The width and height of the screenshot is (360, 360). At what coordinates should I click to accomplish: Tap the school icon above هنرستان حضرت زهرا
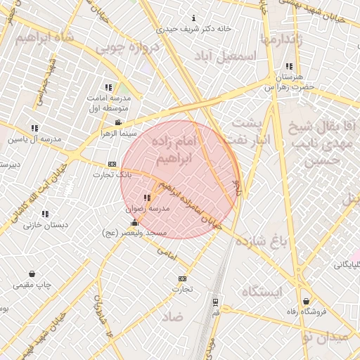click(x=289, y=67)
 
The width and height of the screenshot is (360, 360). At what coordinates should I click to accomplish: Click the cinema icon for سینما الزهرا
click(x=117, y=122)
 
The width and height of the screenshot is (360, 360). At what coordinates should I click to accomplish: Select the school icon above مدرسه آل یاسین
click(x=34, y=128)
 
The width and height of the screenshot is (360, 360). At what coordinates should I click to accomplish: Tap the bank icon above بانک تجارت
click(x=112, y=163)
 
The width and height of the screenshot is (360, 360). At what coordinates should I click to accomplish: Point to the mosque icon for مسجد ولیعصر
click(x=134, y=222)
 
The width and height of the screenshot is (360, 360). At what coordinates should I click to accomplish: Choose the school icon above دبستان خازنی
click(x=46, y=214)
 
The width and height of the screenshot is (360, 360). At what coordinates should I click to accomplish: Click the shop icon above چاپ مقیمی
click(x=33, y=274)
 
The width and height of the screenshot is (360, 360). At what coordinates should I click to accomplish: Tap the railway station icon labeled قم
click(x=215, y=302)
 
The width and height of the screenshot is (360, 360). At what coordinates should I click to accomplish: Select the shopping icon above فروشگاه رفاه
click(x=306, y=302)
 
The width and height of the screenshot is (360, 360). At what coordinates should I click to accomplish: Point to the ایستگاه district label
click(x=262, y=291)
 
